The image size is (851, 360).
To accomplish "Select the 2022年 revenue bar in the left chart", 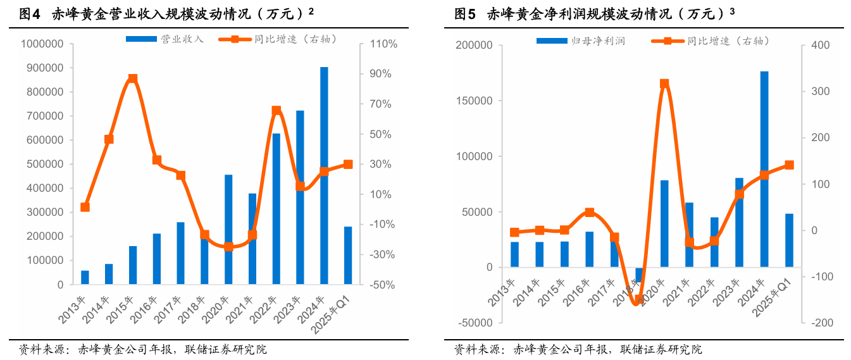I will [x=276, y=209].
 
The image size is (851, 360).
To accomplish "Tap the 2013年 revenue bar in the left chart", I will [x=85, y=277].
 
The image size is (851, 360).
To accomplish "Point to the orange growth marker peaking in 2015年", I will [x=133, y=79].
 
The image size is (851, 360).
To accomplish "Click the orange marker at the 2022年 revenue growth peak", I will [x=276, y=111].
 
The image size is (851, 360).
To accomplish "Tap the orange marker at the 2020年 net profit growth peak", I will [x=664, y=84].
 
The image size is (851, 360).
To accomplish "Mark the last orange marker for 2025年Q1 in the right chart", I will [x=789, y=165].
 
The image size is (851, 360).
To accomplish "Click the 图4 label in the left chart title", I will [x=30, y=14].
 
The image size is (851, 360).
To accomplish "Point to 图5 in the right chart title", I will [x=465, y=14].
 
